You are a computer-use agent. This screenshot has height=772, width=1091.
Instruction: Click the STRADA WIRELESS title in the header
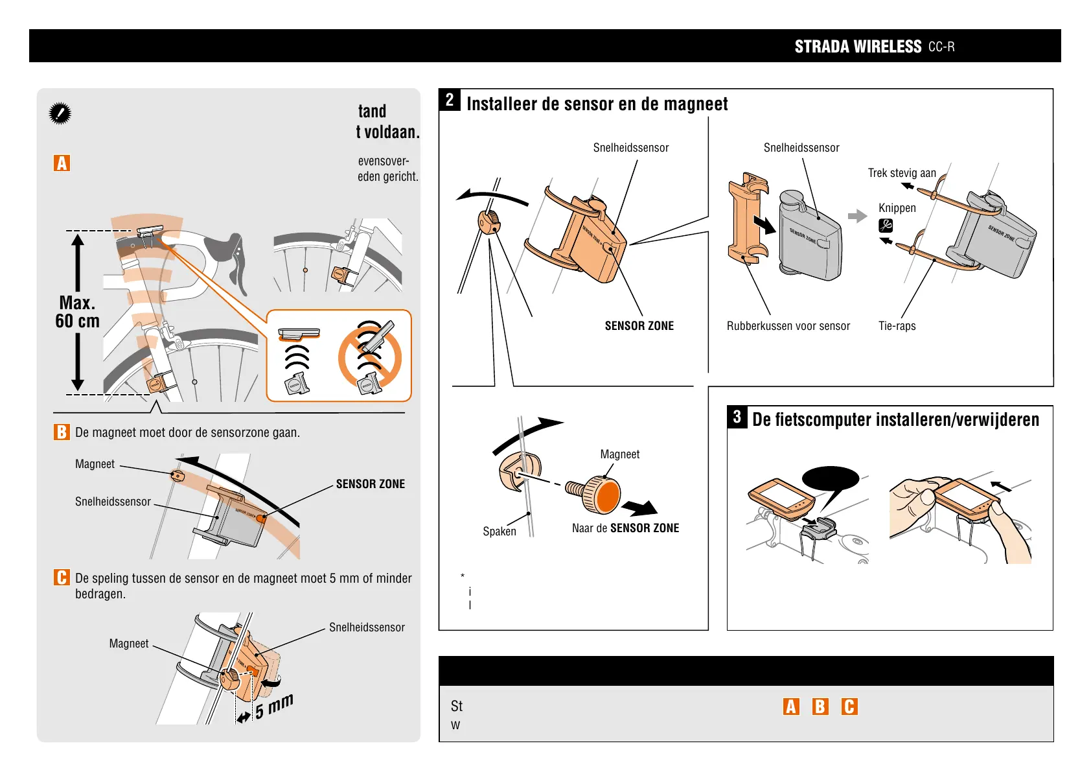[857, 47]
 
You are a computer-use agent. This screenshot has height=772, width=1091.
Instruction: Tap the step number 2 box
[450, 100]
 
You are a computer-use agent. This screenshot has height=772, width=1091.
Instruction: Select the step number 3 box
[737, 417]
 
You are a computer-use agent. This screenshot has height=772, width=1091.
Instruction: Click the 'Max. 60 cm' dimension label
[78, 312]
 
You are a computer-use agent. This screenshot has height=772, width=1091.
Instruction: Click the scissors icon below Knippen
[886, 226]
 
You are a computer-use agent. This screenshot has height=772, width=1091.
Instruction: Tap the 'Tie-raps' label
[897, 326]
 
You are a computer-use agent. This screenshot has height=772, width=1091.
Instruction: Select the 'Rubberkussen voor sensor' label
[788, 326]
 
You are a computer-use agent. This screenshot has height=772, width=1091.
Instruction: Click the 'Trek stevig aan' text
[902, 173]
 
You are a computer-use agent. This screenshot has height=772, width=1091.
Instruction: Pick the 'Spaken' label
[500, 532]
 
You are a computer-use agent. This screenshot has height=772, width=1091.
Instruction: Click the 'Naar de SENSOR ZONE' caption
[625, 528]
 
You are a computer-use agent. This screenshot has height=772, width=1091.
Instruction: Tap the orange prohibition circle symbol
[370, 357]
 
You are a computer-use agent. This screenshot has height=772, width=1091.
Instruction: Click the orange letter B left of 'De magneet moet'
[62, 432]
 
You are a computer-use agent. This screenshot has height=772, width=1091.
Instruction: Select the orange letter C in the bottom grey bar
[849, 707]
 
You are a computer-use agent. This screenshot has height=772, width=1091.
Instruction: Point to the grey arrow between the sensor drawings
[857, 216]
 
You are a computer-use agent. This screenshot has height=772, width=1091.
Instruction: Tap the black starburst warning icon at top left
[60, 114]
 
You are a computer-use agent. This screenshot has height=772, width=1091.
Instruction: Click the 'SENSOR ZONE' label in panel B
[370, 484]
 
